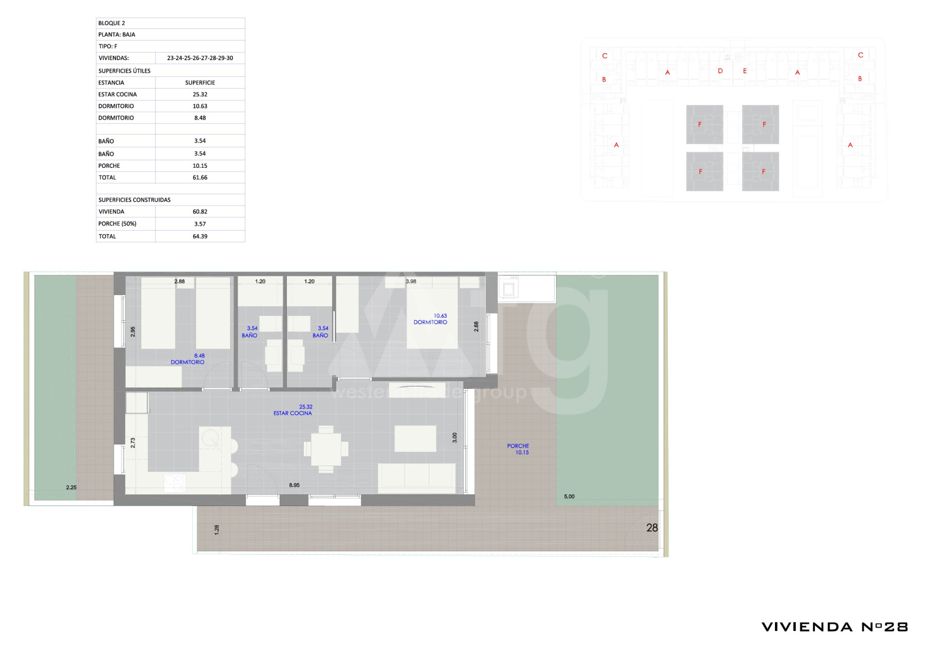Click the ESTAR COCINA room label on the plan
click(293, 413)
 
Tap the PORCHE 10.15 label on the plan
click(518, 449)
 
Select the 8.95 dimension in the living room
click(294, 486)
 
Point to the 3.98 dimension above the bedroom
click(411, 281)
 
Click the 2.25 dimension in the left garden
click(71, 488)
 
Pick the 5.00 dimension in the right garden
click(569, 497)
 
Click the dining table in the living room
click(326, 449)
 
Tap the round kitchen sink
click(210, 438)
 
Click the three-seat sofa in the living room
click(417, 479)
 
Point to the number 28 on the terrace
click(652, 528)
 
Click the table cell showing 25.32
click(200, 95)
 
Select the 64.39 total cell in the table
click(200, 237)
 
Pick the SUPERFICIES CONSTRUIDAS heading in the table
click(135, 200)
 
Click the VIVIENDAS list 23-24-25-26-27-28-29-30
click(200, 58)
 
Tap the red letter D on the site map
click(720, 71)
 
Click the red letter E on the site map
click(745, 71)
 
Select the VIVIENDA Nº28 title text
click(835, 627)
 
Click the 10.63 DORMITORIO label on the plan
click(431, 319)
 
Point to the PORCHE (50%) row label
click(117, 224)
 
